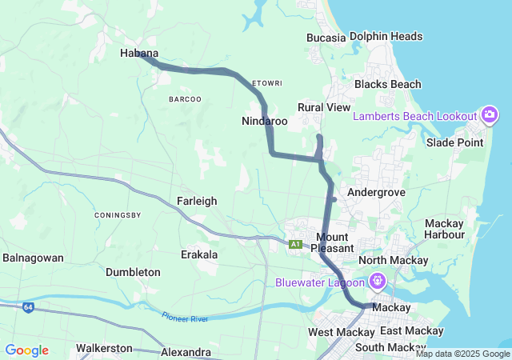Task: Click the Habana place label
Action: click(x=138, y=54)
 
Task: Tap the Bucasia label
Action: click(x=326, y=38)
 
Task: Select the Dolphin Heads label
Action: click(x=386, y=36)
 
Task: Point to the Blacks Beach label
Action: click(x=387, y=84)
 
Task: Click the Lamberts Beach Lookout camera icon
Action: click(x=490, y=116)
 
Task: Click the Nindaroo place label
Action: click(x=264, y=122)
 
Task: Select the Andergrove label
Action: click(x=376, y=193)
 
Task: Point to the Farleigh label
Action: click(x=197, y=201)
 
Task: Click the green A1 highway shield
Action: click(x=295, y=243)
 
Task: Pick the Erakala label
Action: click(x=199, y=254)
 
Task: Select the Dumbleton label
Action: click(x=133, y=272)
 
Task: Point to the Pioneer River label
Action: click(x=185, y=318)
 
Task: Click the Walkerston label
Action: click(x=104, y=349)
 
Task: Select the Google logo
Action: click(x=26, y=350)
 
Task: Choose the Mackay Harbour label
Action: click(x=445, y=229)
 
